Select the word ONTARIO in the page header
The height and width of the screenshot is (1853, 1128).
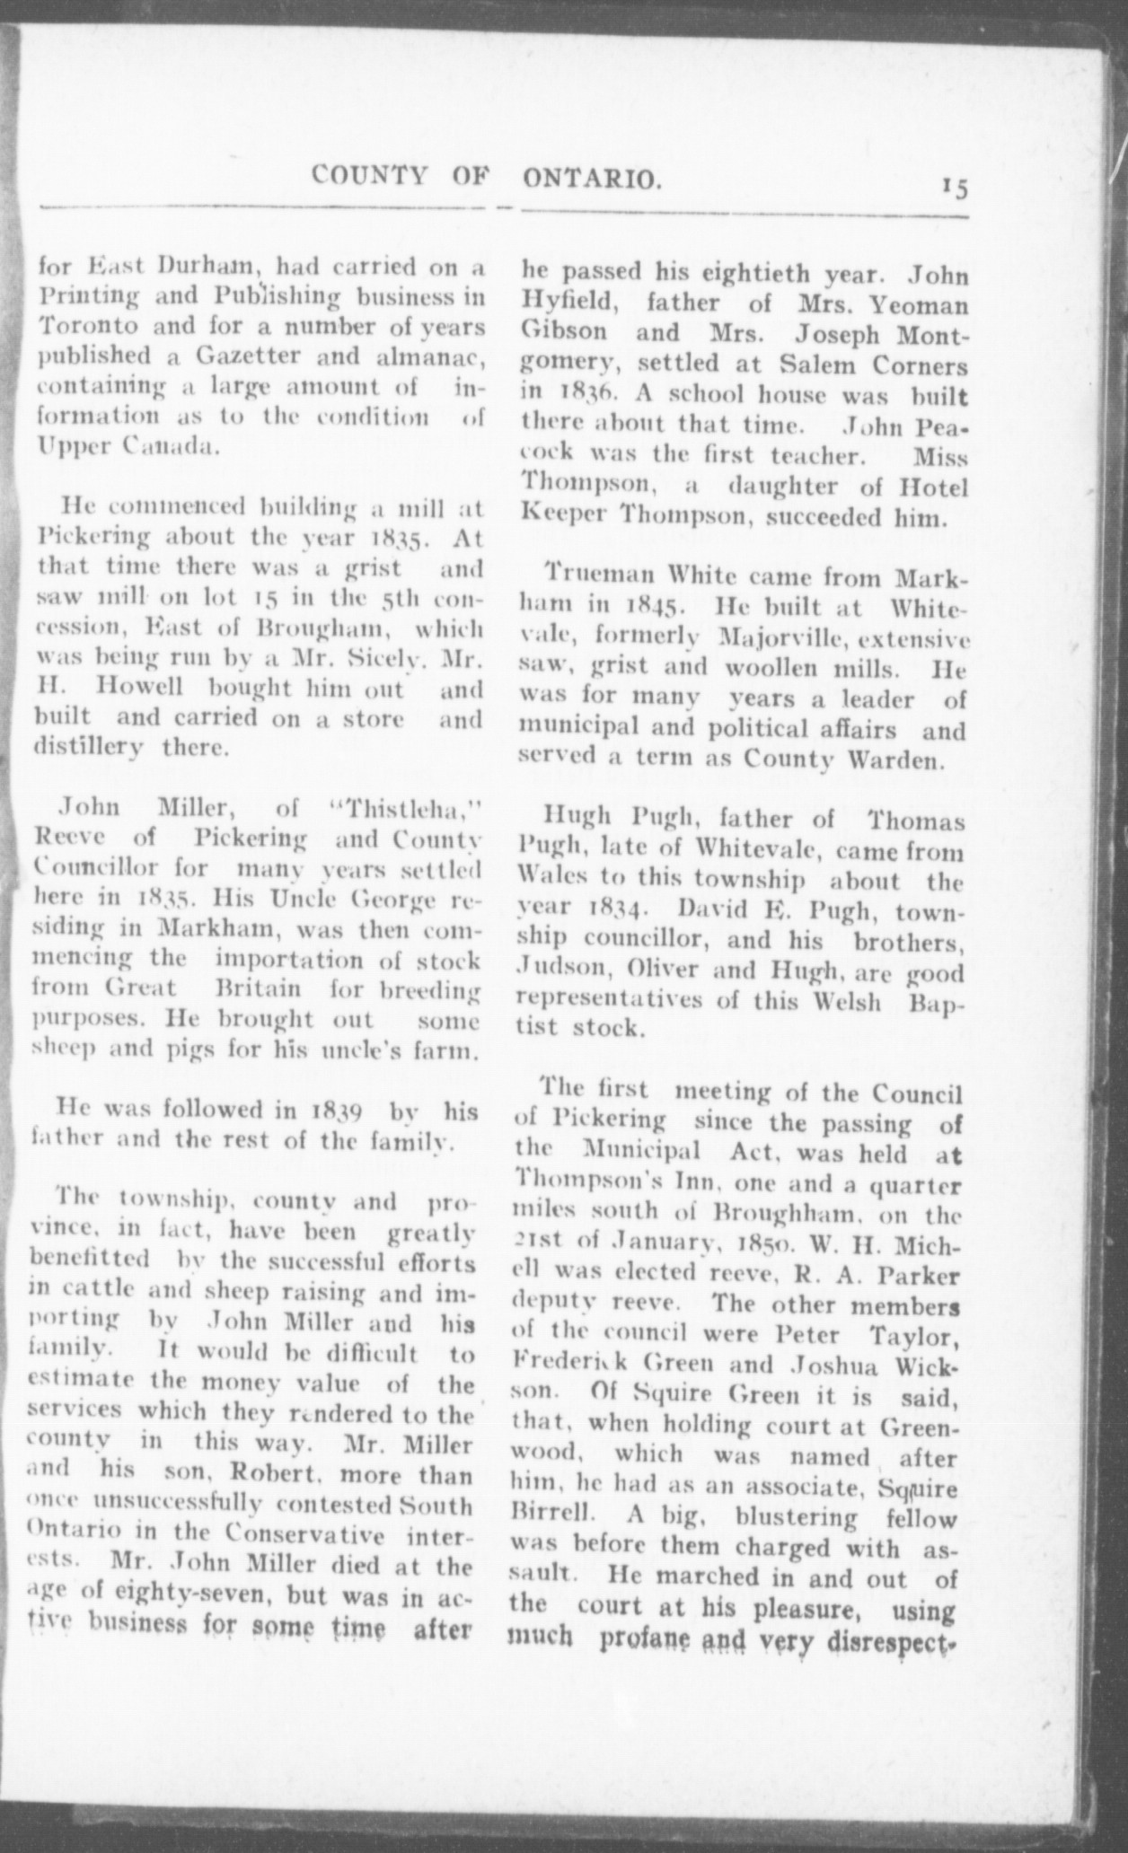591,180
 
